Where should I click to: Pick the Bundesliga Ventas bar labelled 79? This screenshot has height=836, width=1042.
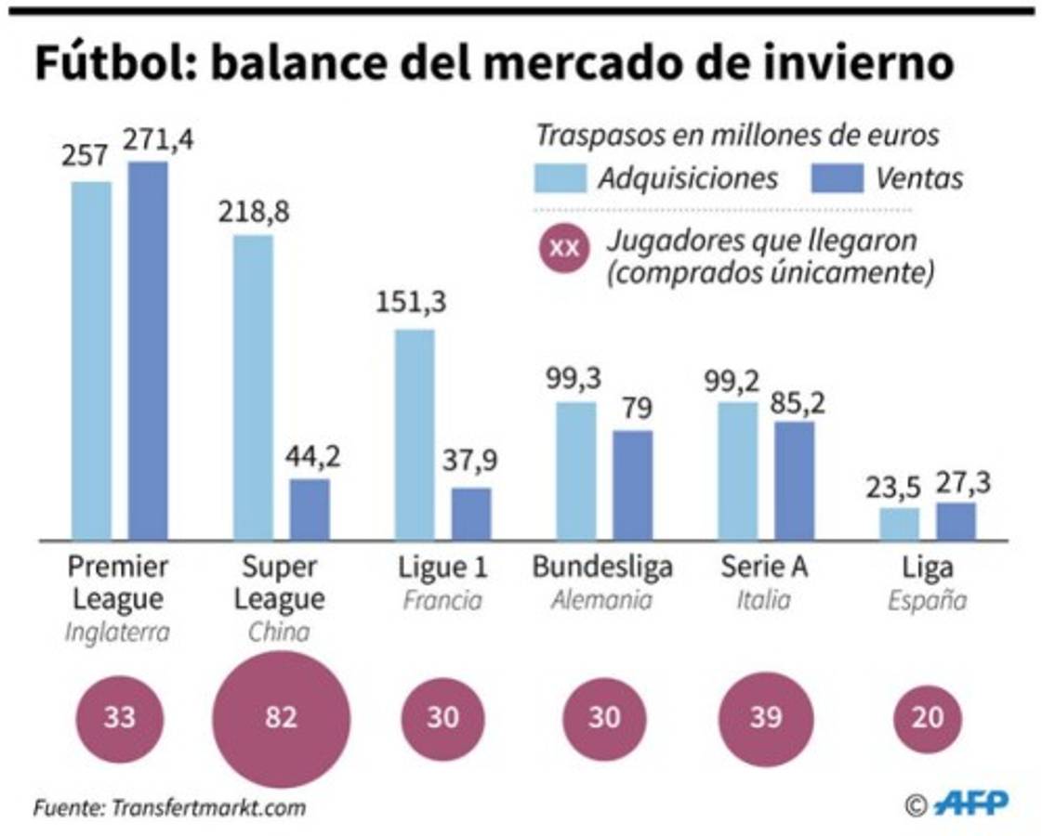click(632, 484)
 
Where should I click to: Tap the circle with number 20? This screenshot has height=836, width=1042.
click(928, 718)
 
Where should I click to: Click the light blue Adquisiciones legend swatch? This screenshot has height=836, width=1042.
click(561, 178)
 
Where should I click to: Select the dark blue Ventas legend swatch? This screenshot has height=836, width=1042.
click(838, 178)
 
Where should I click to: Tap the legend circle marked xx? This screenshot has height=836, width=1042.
click(562, 249)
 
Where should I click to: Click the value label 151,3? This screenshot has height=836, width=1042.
click(410, 304)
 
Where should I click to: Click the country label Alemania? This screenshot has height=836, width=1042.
click(601, 600)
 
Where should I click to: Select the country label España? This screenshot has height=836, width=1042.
click(927, 600)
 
